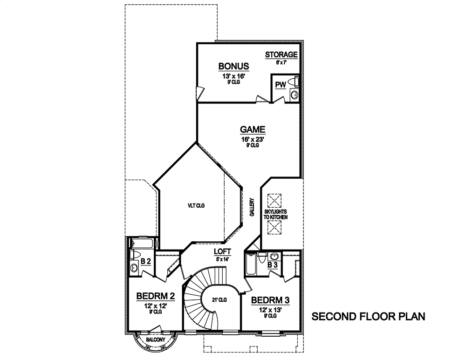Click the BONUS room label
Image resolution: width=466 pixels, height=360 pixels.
[x=233, y=66]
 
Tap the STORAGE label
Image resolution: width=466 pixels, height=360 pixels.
[x=281, y=55]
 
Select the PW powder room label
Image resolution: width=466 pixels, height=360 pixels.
[x=280, y=85]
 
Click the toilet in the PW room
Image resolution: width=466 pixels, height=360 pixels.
[x=294, y=82]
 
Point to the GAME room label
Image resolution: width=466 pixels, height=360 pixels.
[x=253, y=129]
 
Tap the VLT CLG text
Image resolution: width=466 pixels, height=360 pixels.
[x=196, y=205]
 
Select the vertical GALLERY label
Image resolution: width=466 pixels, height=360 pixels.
[x=251, y=207]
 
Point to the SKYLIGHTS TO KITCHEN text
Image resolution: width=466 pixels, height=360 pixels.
[x=275, y=214]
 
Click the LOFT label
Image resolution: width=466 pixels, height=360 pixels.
[x=222, y=251]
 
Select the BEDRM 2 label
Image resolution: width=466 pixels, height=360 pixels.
[x=155, y=296]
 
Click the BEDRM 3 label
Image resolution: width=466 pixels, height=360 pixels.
[x=270, y=300]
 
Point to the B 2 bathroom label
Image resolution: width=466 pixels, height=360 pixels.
[x=145, y=262]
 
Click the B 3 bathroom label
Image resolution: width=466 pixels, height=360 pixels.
[x=273, y=265]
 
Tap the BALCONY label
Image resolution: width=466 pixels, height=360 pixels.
[x=155, y=340]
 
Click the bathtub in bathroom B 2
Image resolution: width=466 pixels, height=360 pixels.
[x=143, y=243]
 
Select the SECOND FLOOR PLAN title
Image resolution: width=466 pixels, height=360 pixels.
[x=368, y=317]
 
